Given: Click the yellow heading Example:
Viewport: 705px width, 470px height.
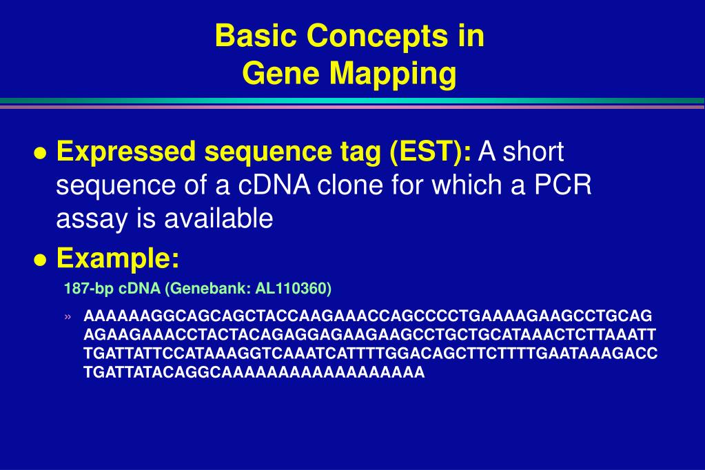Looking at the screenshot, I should click(118, 259).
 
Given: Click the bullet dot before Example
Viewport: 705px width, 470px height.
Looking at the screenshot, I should click(41, 260).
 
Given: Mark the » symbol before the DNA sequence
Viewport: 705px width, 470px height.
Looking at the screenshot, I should click(68, 317).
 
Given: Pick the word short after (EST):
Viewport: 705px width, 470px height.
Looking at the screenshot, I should click(533, 152).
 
